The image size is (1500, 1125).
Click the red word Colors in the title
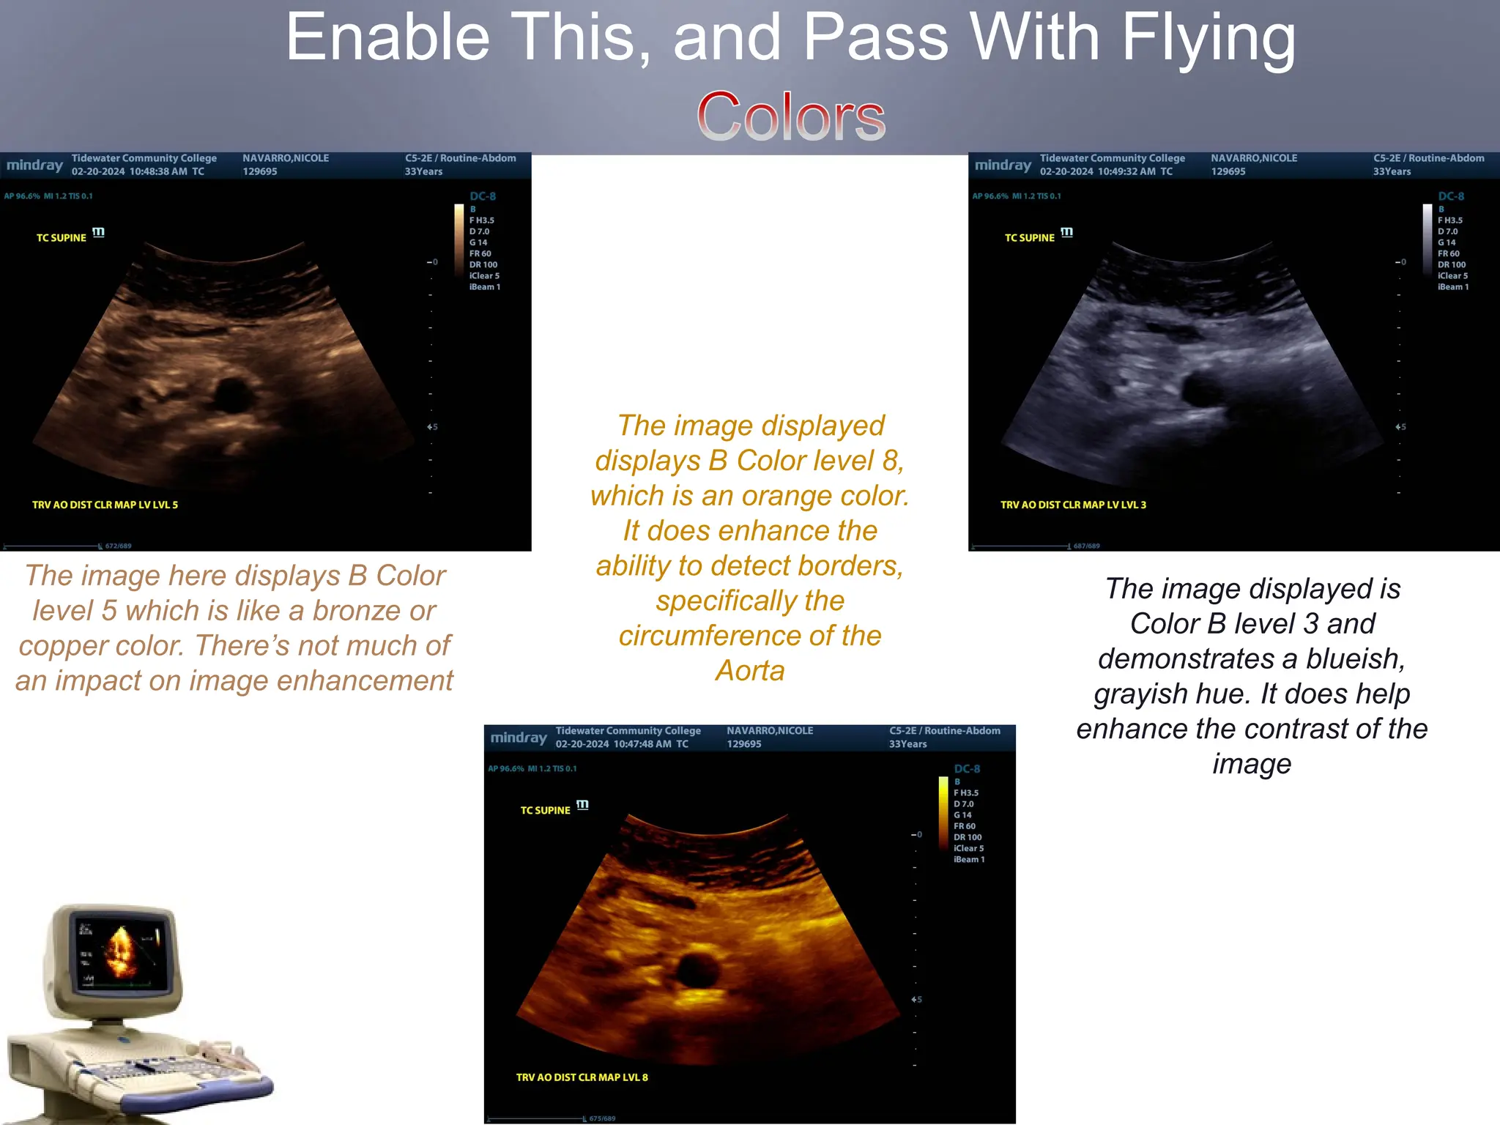[790, 117]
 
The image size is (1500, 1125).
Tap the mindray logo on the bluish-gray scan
[1003, 166]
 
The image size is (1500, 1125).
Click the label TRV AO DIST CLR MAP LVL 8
[582, 1077]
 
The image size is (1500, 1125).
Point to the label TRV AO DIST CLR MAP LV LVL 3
[1073, 505]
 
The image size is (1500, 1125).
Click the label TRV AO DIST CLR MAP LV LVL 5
[105, 505]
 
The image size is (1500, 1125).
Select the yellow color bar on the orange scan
[943, 813]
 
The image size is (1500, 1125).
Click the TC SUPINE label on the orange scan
[545, 810]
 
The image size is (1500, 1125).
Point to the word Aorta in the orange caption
[750, 671]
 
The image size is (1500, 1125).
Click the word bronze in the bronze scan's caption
[355, 611]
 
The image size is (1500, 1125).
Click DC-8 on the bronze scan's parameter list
[483, 196]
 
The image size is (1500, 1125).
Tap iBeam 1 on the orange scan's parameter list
[968, 860]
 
